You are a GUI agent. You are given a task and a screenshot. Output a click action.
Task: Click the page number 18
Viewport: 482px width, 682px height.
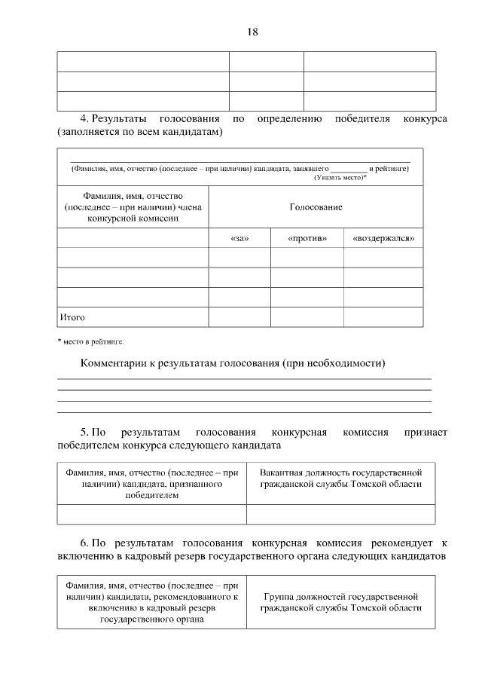click(252, 31)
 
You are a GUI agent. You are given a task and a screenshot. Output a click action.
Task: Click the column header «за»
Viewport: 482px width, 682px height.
click(239, 239)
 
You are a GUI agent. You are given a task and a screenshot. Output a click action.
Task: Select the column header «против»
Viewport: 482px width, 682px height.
click(307, 239)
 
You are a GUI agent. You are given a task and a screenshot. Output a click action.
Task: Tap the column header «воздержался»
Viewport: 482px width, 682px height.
click(383, 239)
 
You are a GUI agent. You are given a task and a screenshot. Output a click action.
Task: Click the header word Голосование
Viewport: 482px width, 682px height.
click(316, 206)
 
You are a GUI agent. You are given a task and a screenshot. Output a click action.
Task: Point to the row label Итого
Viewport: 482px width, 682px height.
click(72, 317)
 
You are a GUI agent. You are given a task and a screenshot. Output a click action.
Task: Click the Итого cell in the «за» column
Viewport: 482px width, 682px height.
click(239, 317)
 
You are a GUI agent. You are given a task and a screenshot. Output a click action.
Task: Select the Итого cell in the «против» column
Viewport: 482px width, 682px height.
click(307, 317)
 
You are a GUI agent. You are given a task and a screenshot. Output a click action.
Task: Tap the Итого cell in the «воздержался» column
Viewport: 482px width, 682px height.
click(383, 317)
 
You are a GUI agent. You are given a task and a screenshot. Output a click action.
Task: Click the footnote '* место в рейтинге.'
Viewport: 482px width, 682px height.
click(90, 342)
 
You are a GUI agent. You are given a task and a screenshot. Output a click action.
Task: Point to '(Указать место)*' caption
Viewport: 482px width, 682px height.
click(340, 177)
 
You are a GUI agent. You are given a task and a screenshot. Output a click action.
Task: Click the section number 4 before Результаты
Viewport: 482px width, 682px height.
click(84, 119)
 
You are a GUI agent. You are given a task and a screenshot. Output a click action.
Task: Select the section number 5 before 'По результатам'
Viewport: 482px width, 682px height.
click(84, 433)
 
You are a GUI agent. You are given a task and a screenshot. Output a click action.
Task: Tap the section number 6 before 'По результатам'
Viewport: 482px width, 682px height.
click(84, 542)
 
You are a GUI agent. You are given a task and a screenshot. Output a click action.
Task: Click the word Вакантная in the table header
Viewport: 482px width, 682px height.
click(281, 473)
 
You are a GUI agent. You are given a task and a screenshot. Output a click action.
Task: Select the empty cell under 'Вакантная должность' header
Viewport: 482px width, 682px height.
click(340, 514)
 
